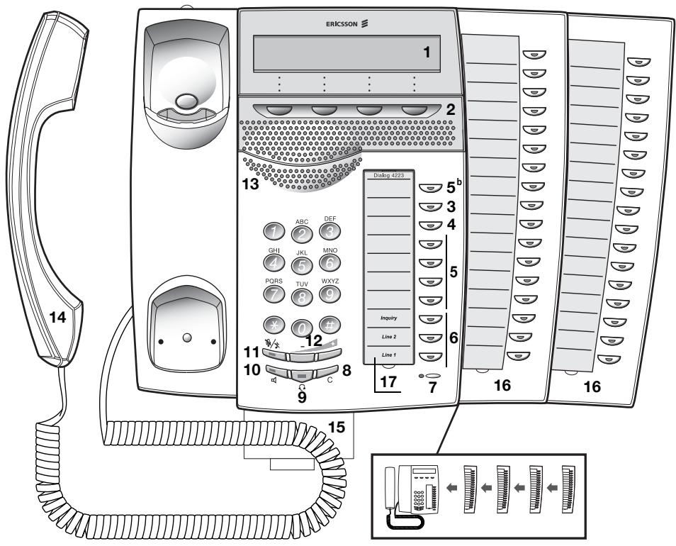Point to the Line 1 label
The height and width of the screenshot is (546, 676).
click(388, 354)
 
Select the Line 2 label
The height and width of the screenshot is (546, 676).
click(388, 335)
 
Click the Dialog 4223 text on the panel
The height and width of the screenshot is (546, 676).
click(388, 174)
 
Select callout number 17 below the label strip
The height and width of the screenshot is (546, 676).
click(388, 382)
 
